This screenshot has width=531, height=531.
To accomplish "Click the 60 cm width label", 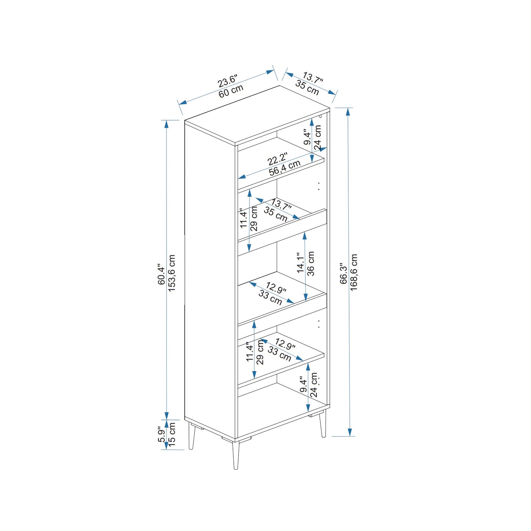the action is [231, 91].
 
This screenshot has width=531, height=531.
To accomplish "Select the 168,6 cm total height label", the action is [354, 272].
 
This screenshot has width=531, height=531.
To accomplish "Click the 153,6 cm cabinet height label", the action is [171, 273].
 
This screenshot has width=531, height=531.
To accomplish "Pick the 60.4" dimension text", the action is [161, 275].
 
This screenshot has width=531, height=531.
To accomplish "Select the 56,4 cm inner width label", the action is [284, 167].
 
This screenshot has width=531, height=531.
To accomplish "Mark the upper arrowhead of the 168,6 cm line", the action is [348, 112].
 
